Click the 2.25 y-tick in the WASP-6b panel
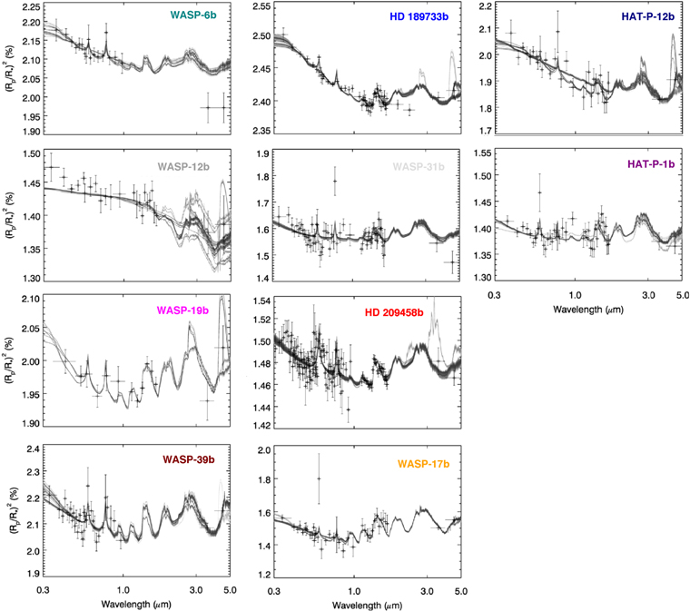coord(32,7)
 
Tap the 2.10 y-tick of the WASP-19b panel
coord(32,299)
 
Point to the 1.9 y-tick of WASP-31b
coord(263,154)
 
